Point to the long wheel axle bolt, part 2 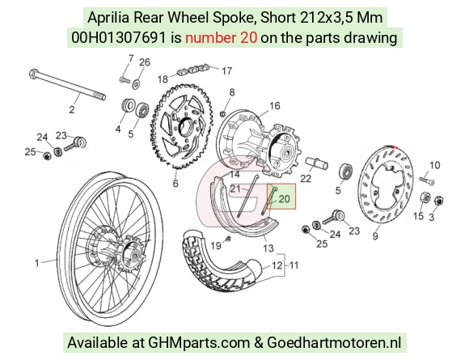[x=67, y=85]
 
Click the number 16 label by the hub [x=275, y=106]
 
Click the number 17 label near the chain [x=226, y=70]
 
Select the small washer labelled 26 [x=137, y=83]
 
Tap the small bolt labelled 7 [x=125, y=80]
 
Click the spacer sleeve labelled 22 [x=317, y=163]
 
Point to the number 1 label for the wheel [x=36, y=263]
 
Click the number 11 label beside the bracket [x=294, y=265]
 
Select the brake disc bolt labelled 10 [x=427, y=180]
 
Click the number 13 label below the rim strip [x=268, y=248]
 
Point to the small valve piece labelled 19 [x=228, y=239]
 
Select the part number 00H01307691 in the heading [x=118, y=38]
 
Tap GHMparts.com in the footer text [x=199, y=342]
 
